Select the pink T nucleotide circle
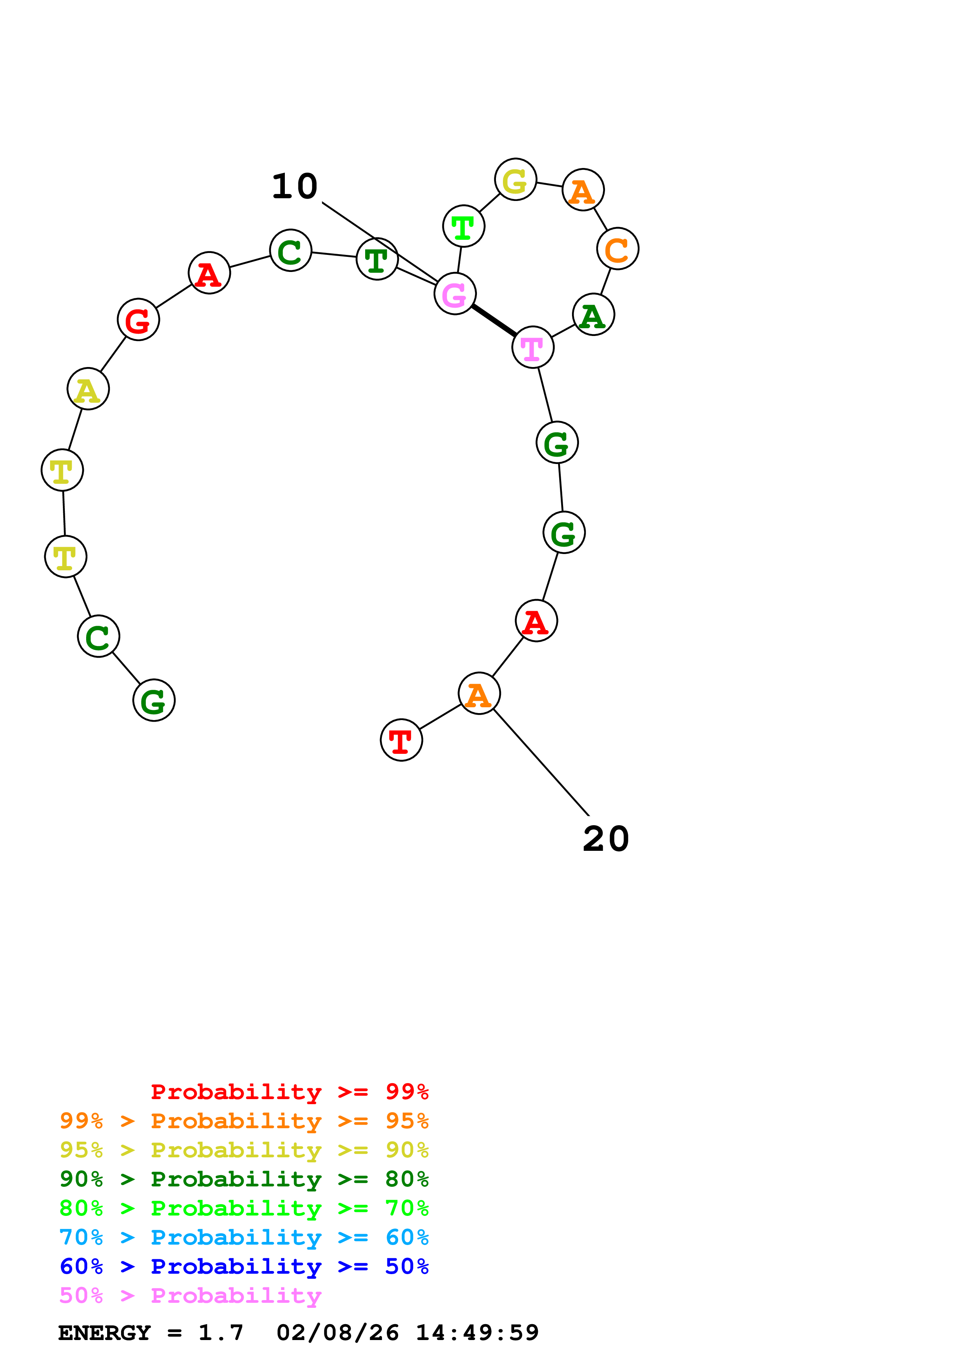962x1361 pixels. point(532,347)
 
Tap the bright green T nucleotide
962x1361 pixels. point(463,227)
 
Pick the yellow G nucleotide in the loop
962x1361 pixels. point(515,180)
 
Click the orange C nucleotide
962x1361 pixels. point(617,249)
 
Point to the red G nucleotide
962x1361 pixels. point(138,320)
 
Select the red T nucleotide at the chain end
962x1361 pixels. point(401,740)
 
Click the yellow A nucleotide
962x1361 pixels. point(88,390)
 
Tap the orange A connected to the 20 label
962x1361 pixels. point(479,694)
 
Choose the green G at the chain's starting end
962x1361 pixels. point(154,701)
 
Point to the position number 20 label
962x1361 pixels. point(605,839)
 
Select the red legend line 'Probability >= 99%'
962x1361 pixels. point(289,1092)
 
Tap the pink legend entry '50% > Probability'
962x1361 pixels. point(190,1296)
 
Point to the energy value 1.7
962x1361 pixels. point(220,1333)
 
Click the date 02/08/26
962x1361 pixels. point(337,1333)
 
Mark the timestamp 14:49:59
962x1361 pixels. point(477,1333)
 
